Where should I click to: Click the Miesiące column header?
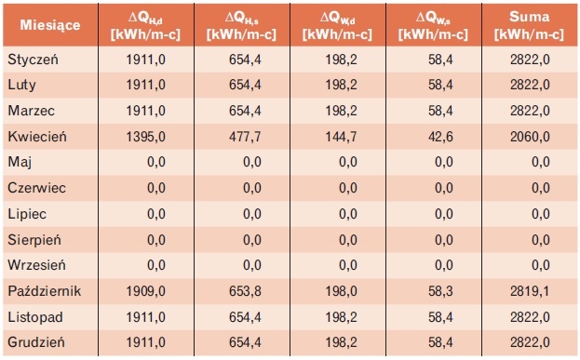coord(50,25)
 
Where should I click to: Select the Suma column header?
coord(529,25)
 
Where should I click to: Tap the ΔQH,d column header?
coord(145,25)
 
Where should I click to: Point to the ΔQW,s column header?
coord(433,25)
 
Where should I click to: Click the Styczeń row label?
coord(33,60)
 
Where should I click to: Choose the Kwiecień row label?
coord(37,137)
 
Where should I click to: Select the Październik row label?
coord(45,291)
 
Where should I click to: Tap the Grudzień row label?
coord(36,342)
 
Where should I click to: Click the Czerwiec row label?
coord(36,188)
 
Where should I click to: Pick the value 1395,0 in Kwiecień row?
coord(146,137)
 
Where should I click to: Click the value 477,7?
coord(245,137)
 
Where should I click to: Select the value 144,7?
coord(341,137)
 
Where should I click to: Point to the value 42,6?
coord(440,137)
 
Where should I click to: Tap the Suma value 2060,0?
coord(530,137)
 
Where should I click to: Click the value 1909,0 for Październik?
coord(146,291)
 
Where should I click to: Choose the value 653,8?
coord(245,291)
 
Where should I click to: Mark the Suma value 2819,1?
coord(530,291)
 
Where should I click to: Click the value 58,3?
coord(440,291)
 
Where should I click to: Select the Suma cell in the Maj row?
coord(541,162)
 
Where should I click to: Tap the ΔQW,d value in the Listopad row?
coord(341,317)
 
